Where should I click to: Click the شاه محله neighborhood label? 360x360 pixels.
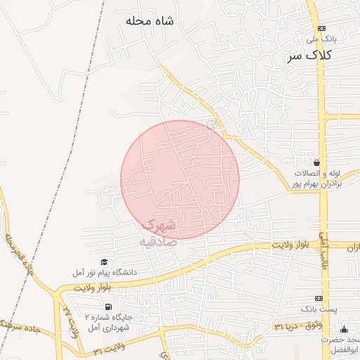(148, 21)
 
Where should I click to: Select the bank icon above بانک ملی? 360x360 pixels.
(322, 28)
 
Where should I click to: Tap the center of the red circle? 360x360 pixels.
(180, 180)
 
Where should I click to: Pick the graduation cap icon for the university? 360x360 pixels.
(105, 262)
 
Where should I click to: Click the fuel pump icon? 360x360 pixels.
(107, 307)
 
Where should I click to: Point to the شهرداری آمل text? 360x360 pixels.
(105, 328)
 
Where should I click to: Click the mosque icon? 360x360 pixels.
(344, 330)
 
